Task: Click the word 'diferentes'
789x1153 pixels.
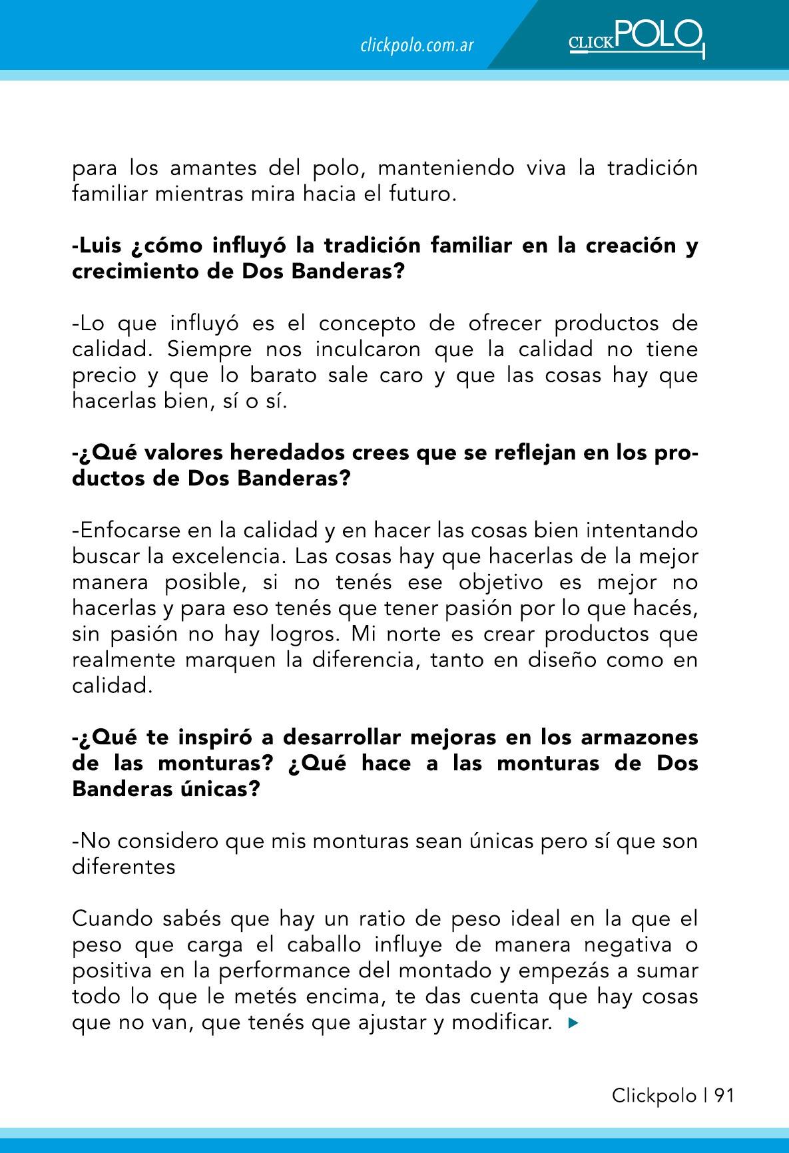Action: (124, 867)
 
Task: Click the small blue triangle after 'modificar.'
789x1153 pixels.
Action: (573, 1023)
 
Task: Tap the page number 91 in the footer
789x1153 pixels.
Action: (724, 1095)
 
